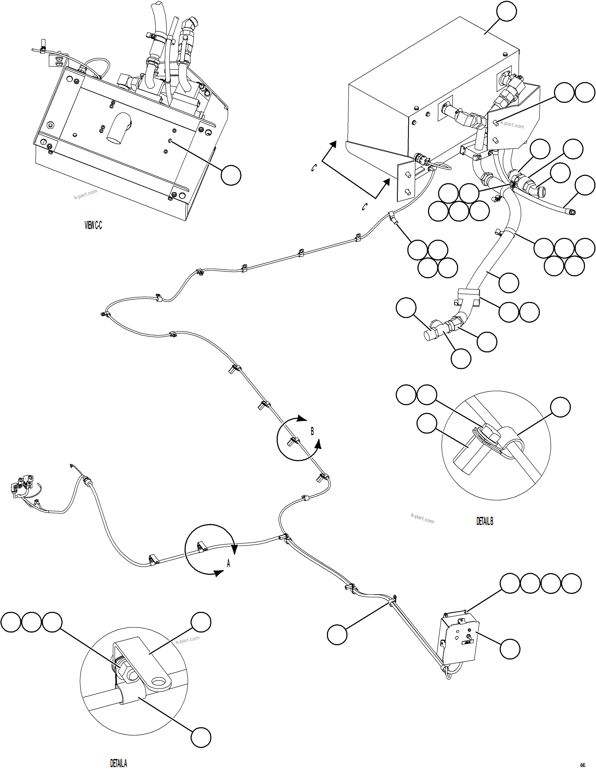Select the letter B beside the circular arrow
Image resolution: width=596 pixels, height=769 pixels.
click(312, 431)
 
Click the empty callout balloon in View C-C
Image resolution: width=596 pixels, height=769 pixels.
click(231, 175)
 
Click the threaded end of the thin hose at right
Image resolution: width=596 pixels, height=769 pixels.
click(572, 212)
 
